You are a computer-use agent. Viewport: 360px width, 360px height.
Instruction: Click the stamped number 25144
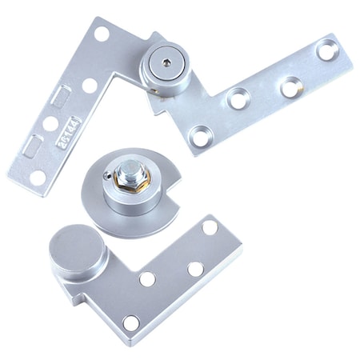click(x=67, y=133)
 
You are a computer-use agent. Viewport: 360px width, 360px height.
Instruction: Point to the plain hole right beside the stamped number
click(x=50, y=124)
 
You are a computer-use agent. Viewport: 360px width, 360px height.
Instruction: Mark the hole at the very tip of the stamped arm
click(x=38, y=176)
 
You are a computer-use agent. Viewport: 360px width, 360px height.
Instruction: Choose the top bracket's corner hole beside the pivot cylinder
click(x=102, y=34)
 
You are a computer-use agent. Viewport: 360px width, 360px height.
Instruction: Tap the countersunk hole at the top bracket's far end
click(x=326, y=50)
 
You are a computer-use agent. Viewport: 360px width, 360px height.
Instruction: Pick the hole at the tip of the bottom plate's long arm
click(x=210, y=227)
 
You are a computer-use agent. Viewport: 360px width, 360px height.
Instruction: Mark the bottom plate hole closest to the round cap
click(x=147, y=279)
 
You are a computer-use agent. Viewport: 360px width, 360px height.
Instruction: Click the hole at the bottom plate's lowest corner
click(x=131, y=323)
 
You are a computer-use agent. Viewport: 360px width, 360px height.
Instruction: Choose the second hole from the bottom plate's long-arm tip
click(x=195, y=269)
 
